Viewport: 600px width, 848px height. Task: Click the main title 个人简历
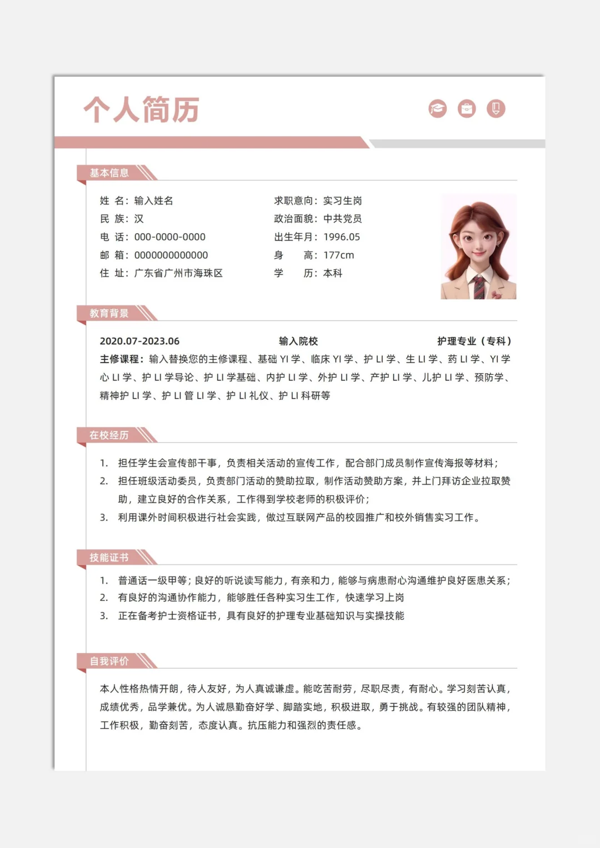coord(142,109)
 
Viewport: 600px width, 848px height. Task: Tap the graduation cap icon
coord(438,109)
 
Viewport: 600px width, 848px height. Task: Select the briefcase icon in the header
coord(467,109)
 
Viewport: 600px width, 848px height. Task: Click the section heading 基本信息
coord(109,173)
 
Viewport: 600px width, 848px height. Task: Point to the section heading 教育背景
coord(109,313)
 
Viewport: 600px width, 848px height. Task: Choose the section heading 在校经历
coord(109,435)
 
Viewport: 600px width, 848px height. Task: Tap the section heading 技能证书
coord(109,557)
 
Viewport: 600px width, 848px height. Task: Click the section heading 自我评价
coord(109,661)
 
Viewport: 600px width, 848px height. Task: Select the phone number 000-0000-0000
coord(170,237)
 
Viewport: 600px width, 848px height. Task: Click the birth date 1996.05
coord(342,237)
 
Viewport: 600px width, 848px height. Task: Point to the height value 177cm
coord(338,255)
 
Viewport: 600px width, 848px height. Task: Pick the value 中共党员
coord(342,219)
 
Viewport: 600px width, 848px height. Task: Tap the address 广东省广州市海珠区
coord(178,273)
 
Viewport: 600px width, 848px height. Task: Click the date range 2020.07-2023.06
coord(139,341)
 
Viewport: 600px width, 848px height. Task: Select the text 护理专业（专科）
coord(474,341)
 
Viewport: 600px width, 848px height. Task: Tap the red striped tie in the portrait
coord(478,287)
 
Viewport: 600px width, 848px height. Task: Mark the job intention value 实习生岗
coord(342,200)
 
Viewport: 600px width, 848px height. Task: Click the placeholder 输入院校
coord(298,341)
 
